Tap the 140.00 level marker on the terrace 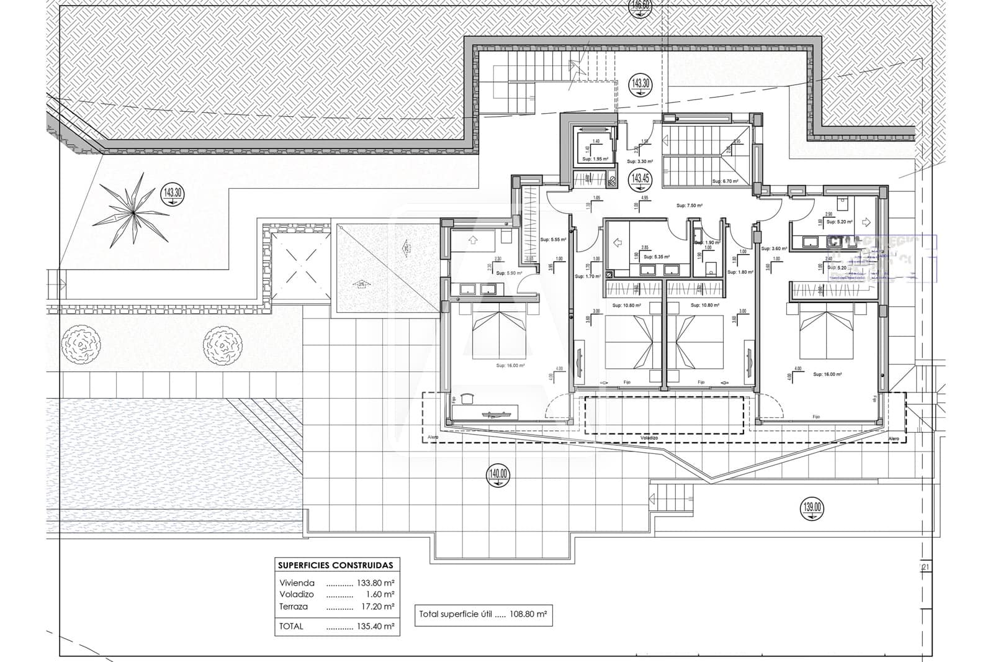(x=498, y=476)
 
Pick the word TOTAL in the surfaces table (x=291, y=627)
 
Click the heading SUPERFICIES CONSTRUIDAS (x=336, y=566)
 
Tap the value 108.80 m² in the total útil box (x=528, y=614)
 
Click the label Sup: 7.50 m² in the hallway (x=689, y=206)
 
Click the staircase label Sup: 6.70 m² (x=725, y=181)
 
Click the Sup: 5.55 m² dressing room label (x=554, y=239)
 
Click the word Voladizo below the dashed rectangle (x=649, y=438)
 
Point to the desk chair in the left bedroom (x=468, y=399)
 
